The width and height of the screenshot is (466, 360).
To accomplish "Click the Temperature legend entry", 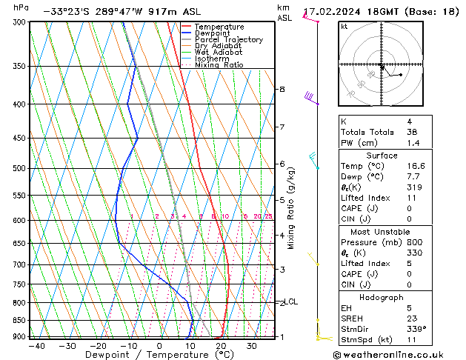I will point(219,27).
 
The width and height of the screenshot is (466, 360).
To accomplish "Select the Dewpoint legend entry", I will point(215,33).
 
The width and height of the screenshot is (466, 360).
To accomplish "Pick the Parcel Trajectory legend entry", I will point(229,40).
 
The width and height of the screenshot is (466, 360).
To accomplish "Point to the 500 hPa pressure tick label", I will point(19,168).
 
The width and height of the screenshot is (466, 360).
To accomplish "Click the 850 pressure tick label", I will point(19,321).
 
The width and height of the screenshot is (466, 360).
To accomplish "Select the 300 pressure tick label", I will point(19,22).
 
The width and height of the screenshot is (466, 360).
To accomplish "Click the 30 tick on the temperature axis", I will point(252,346).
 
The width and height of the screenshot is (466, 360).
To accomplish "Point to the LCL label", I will point(291,301).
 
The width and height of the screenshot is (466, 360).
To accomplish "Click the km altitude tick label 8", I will point(282,89).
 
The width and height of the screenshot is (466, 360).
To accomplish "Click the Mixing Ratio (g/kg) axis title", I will point(291,208).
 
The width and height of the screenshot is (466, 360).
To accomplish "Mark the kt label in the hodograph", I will point(344,27).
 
